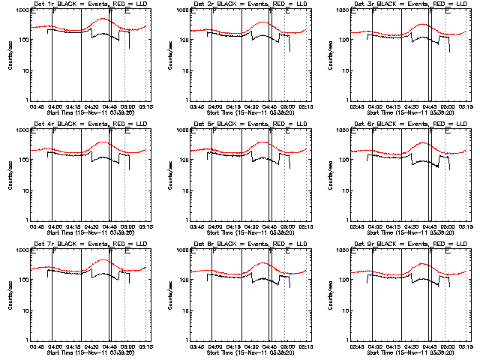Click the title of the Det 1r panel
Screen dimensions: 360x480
pos(91,4)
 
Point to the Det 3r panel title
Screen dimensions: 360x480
pos(411,4)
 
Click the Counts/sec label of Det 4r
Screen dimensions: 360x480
pos(10,175)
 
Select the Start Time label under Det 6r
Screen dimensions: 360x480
pos(411,232)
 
